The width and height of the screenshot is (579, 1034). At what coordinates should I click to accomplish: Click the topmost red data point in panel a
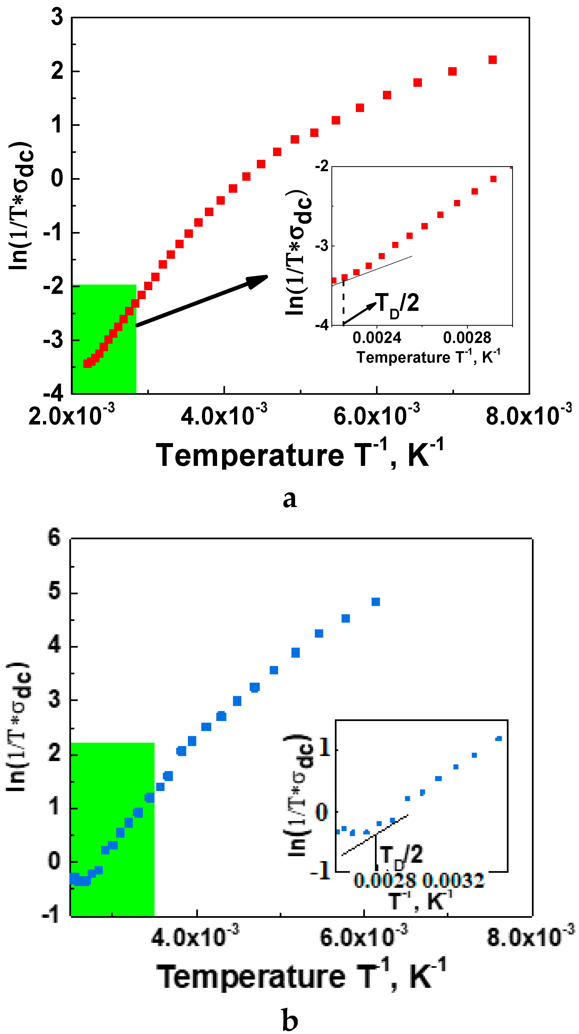[x=492, y=60]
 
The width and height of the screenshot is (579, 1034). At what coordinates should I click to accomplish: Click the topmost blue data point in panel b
[x=375, y=602]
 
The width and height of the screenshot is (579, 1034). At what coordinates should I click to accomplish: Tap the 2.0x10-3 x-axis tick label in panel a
[x=71, y=415]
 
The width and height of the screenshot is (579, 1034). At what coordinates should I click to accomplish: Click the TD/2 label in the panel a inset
[x=397, y=304]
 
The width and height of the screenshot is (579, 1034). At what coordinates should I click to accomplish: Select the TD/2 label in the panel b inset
[x=400, y=855]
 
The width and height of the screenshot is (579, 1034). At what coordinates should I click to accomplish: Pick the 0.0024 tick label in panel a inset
[x=377, y=338]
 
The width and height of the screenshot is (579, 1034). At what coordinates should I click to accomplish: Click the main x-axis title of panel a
[x=300, y=455]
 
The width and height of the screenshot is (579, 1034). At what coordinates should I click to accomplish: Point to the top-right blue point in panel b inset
[x=499, y=739]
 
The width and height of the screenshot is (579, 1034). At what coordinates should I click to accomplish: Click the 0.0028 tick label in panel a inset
[x=467, y=338]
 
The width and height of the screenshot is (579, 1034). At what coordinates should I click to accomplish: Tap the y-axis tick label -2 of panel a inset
[x=322, y=166]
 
